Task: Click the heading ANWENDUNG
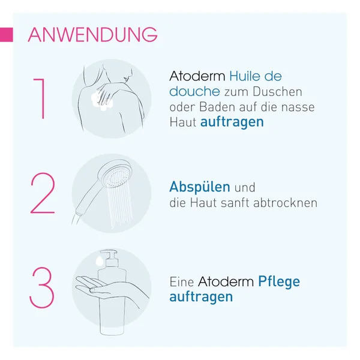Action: (92, 35)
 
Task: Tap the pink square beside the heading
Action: (6, 35)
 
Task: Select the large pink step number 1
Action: (40, 98)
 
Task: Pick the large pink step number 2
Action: (43, 193)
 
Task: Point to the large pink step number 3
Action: (42, 287)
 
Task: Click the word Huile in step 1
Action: (244, 76)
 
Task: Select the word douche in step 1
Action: (194, 91)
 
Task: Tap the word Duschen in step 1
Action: (277, 92)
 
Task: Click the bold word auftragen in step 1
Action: (232, 122)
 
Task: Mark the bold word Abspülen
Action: (200, 187)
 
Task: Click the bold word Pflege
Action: (279, 282)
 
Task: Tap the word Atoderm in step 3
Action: (226, 281)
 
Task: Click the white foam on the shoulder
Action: (102, 101)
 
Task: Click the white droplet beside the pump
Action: (100, 261)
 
